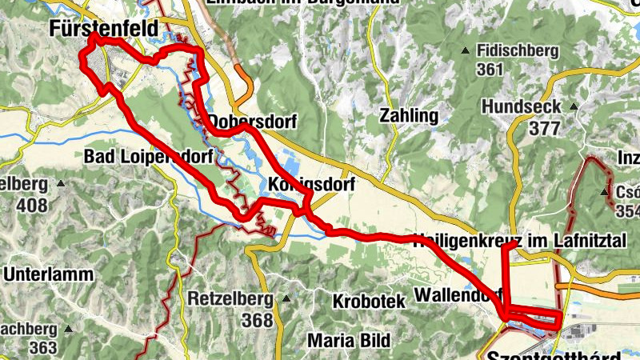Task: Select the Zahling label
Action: [410, 116]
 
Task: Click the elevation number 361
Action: [489, 70]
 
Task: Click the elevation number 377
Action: [544, 126]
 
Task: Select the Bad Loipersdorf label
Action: [148, 157]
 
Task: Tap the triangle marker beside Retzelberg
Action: [286, 299]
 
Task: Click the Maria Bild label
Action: [348, 341]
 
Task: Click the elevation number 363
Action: [42, 348]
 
